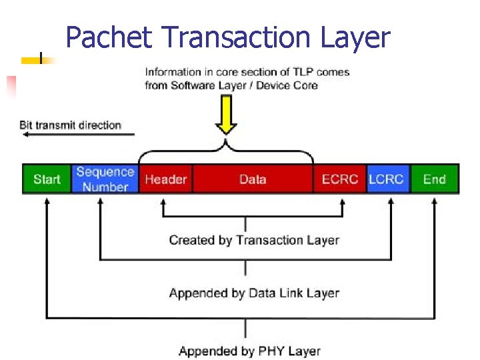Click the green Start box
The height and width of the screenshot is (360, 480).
(x=47, y=179)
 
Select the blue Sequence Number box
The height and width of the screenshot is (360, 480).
(x=105, y=179)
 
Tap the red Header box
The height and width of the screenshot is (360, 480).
(x=166, y=179)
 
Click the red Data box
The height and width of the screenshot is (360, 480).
(x=253, y=179)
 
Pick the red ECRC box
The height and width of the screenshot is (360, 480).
(x=339, y=179)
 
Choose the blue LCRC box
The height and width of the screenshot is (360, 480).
(x=387, y=179)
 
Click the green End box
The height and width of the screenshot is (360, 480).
(x=434, y=179)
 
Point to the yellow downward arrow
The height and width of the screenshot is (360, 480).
(x=227, y=116)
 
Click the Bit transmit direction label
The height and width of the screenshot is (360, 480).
(x=70, y=125)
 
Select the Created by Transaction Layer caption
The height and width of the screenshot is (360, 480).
(x=254, y=240)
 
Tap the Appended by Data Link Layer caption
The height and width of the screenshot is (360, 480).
(x=254, y=293)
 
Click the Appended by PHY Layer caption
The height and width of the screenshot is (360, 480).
(x=249, y=351)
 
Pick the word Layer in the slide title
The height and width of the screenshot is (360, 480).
(x=354, y=38)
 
